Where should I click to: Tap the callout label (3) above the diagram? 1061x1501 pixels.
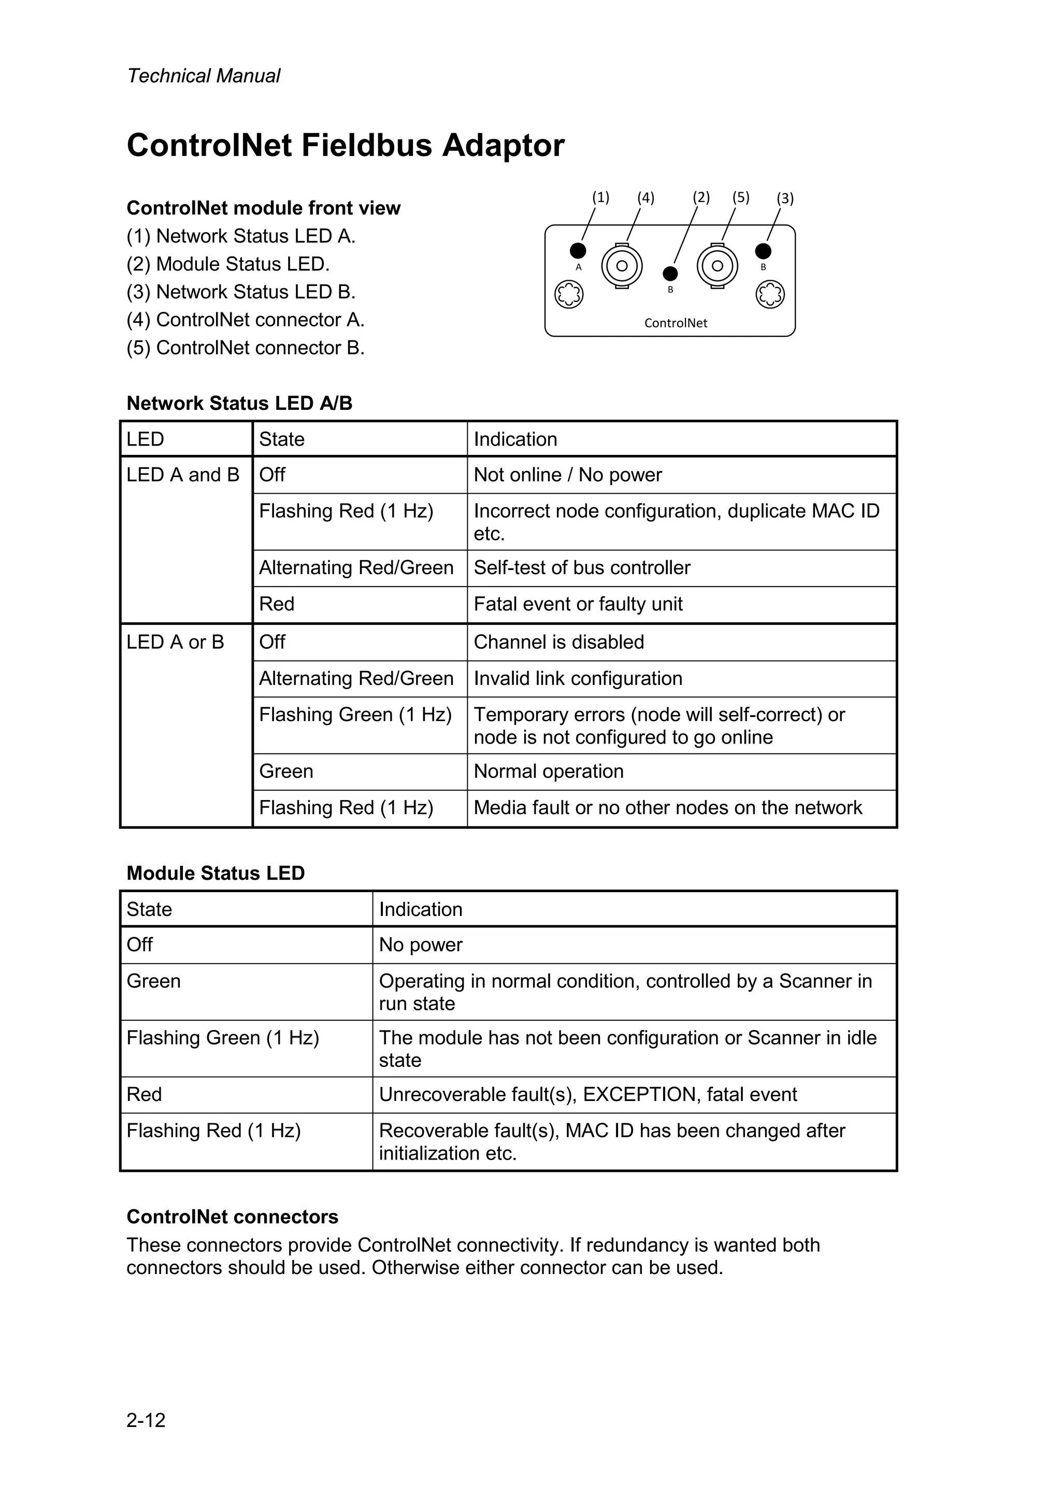pyautogui.click(x=784, y=198)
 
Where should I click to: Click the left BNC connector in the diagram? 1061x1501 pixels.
pyautogui.click(x=622, y=266)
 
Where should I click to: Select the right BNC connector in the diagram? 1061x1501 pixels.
pyautogui.click(x=717, y=266)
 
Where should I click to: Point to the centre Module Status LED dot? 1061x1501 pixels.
pyautogui.click(x=670, y=273)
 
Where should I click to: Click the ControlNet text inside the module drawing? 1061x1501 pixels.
pyautogui.click(x=676, y=323)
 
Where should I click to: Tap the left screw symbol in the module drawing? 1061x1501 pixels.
pyautogui.click(x=569, y=295)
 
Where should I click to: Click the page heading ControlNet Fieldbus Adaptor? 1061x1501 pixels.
pyautogui.click(x=345, y=145)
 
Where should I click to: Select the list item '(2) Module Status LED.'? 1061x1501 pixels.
pyautogui.click(x=228, y=264)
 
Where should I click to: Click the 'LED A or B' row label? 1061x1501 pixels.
pyautogui.click(x=175, y=642)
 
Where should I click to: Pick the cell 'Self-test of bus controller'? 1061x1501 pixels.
pyautogui.click(x=582, y=567)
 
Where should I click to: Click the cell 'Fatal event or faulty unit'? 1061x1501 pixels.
pyautogui.click(x=578, y=604)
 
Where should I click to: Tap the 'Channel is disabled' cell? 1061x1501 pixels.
pyautogui.click(x=559, y=642)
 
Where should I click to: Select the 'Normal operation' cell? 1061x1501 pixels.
pyautogui.click(x=549, y=771)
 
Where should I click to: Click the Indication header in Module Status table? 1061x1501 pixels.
pyautogui.click(x=420, y=909)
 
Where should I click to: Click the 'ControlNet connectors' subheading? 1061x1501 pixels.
pyautogui.click(x=232, y=1217)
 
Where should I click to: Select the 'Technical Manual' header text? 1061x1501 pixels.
pyautogui.click(x=203, y=76)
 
